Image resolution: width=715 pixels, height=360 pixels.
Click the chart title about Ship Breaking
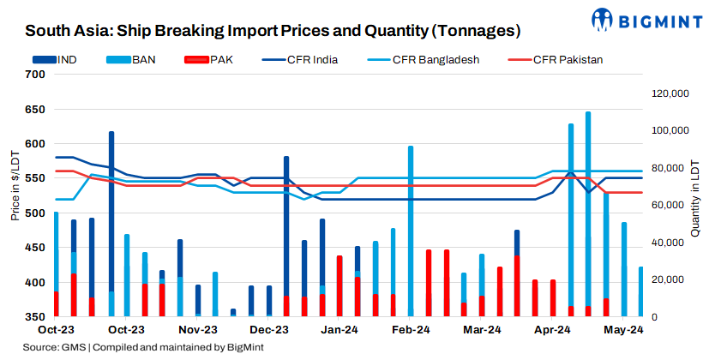coord(273,32)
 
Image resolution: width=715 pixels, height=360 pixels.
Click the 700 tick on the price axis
coord(35,74)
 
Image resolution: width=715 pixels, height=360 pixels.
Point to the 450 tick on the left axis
coord(35,248)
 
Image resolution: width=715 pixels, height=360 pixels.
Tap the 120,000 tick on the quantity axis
coord(667,93)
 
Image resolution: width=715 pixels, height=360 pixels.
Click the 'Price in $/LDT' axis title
coord(15,185)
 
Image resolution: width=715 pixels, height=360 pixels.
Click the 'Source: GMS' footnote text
coord(144,347)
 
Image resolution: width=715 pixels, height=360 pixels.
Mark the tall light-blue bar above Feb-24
coord(411,231)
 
